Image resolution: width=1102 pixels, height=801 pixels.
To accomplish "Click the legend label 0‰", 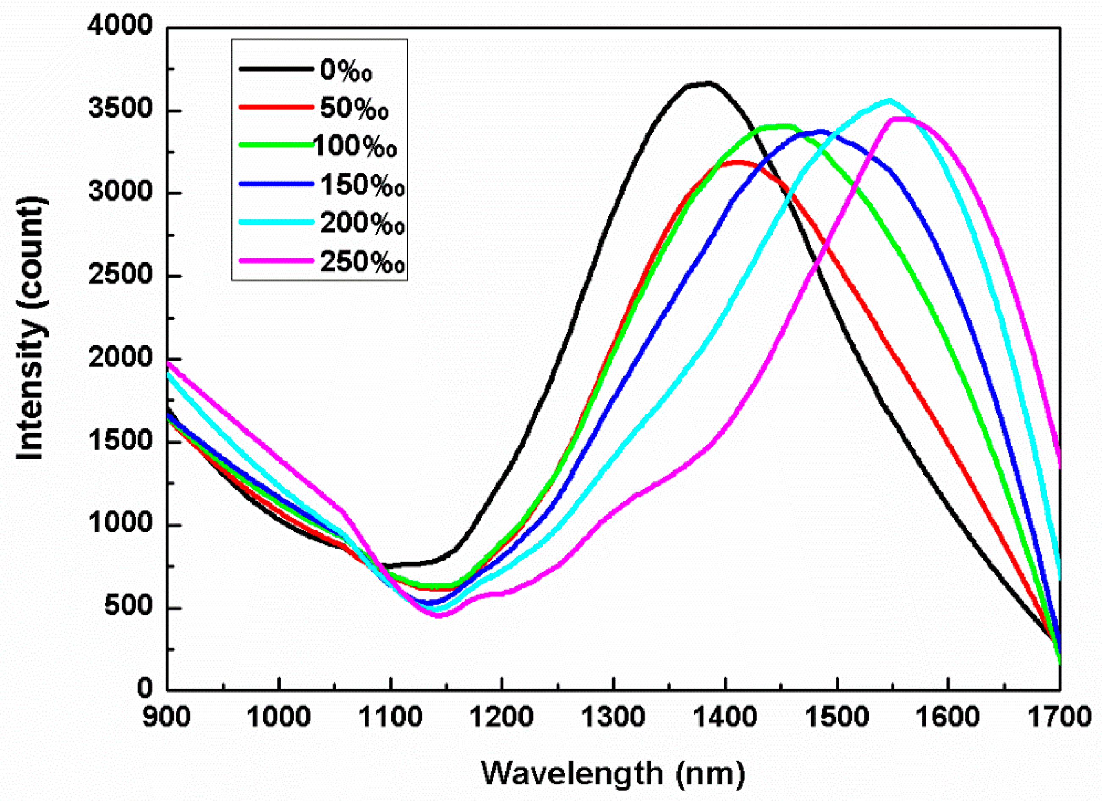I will pos(346,70).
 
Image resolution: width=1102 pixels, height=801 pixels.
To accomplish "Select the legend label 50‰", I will pos(354,108).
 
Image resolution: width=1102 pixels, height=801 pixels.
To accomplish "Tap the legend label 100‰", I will pos(355,146).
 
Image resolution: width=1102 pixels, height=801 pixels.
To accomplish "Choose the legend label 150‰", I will pos(363,185).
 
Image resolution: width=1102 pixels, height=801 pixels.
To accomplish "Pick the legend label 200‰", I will pos(363,224).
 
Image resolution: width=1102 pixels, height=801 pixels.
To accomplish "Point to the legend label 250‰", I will pos(363,262).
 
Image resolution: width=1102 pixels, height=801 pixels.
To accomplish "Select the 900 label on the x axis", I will pos(167,718).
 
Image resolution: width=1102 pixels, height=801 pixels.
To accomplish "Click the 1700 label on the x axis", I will pos(1059,718).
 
